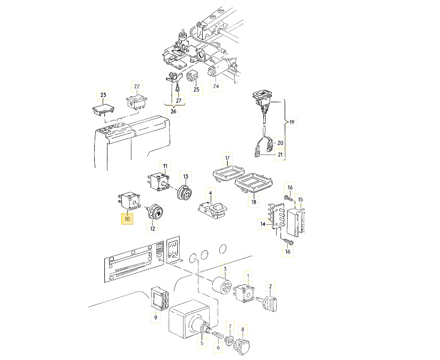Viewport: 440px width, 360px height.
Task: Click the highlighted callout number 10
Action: [x=127, y=219]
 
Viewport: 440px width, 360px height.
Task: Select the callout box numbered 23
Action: [x=103, y=95]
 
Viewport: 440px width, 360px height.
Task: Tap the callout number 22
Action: [x=137, y=86]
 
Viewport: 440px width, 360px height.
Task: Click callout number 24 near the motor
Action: [x=215, y=85]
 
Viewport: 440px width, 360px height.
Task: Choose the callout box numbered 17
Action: [x=227, y=158]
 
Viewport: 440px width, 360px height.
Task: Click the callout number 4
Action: [x=210, y=193]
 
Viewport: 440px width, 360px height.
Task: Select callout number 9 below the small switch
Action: [x=155, y=318]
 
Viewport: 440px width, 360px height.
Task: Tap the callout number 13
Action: [x=186, y=176]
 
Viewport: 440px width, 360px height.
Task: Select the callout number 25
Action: [x=196, y=89]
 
